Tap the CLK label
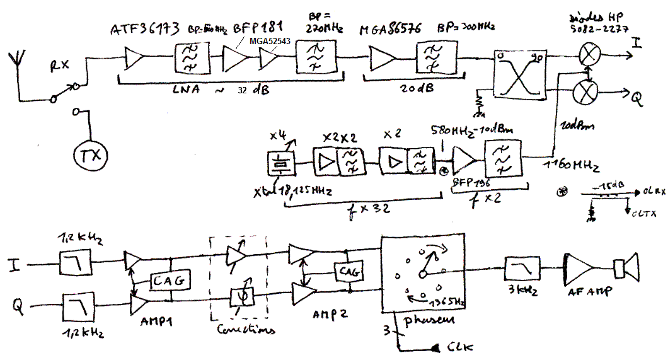[x=459, y=347]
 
